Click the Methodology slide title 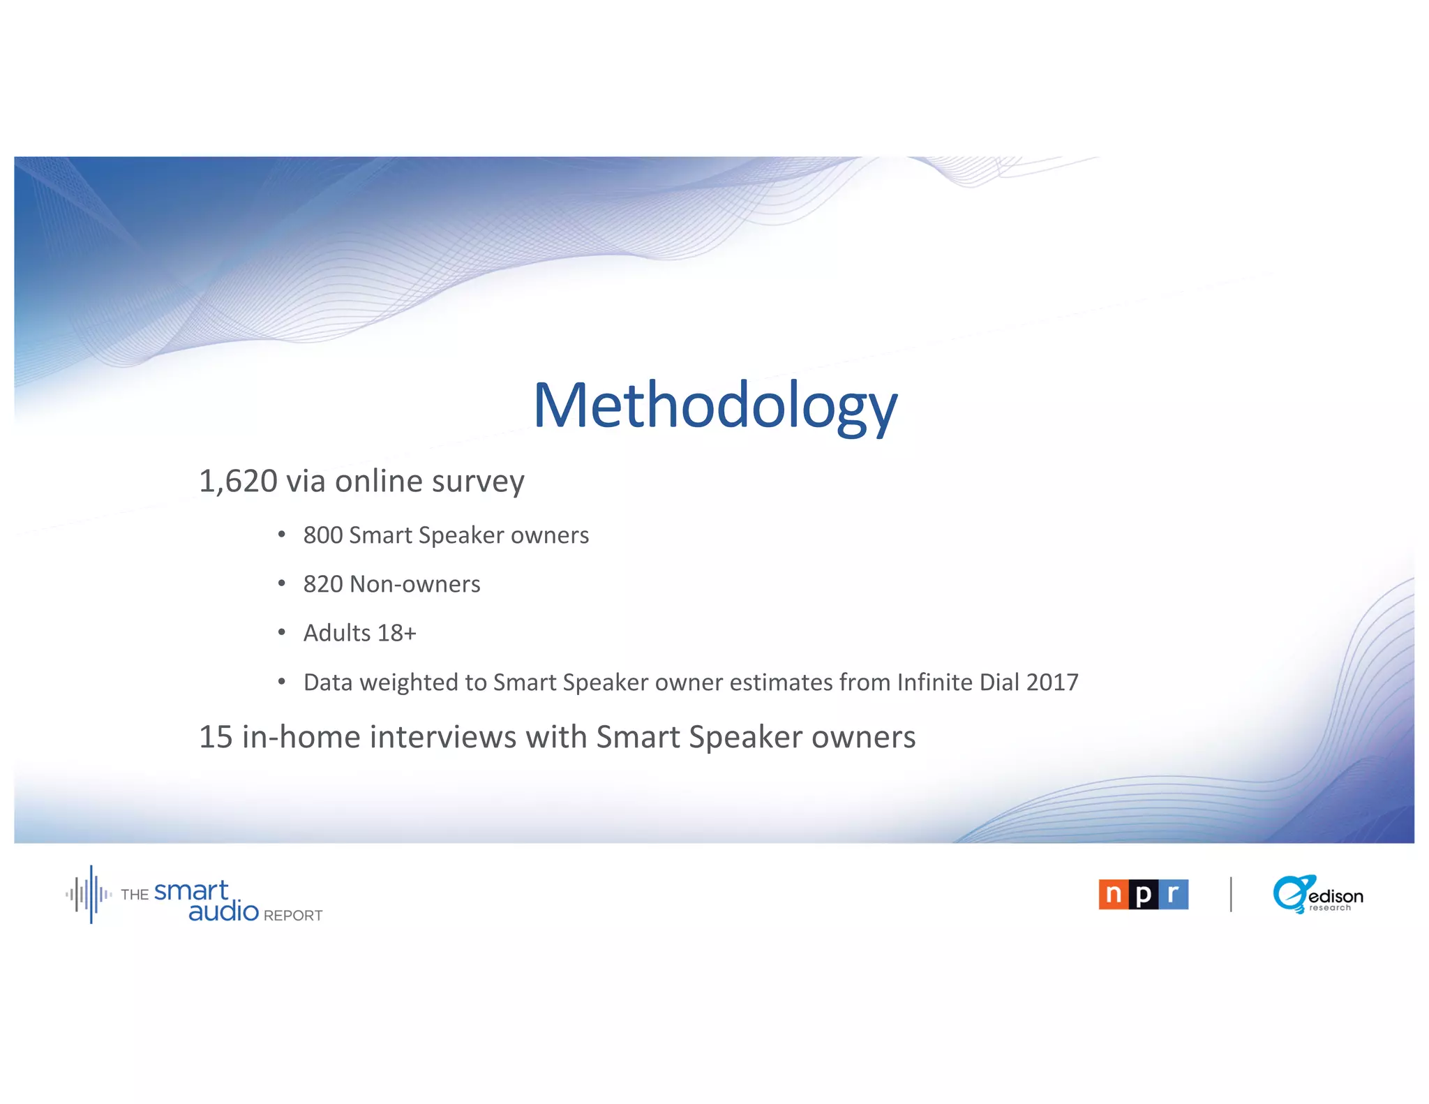pyautogui.click(x=715, y=406)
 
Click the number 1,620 pyautogui.click(x=238, y=482)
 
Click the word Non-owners pyautogui.click(x=415, y=584)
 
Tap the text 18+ pyautogui.click(x=397, y=633)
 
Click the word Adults pyautogui.click(x=337, y=633)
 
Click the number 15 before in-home pyautogui.click(x=216, y=737)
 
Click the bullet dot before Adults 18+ pyautogui.click(x=282, y=632)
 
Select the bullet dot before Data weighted pyautogui.click(x=282, y=681)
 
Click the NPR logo pyautogui.click(x=1143, y=894)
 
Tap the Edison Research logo pyautogui.click(x=1317, y=894)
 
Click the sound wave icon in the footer pyautogui.click(x=89, y=894)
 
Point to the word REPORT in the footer pyautogui.click(x=293, y=916)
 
